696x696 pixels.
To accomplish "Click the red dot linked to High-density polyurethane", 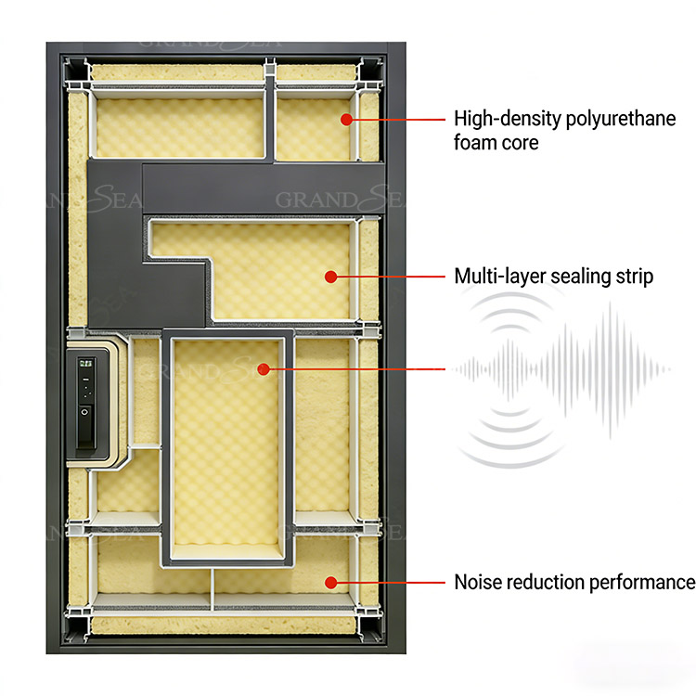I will [x=345, y=119].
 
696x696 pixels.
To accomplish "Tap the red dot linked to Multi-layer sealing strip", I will [x=329, y=276].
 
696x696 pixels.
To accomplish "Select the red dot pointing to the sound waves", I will [x=264, y=369].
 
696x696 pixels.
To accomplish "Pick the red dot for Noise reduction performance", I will [x=329, y=582].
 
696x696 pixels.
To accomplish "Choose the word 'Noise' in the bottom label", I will [x=476, y=583].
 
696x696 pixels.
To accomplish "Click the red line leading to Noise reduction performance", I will [x=390, y=582].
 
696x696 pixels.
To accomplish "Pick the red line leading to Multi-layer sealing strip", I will [x=390, y=276].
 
